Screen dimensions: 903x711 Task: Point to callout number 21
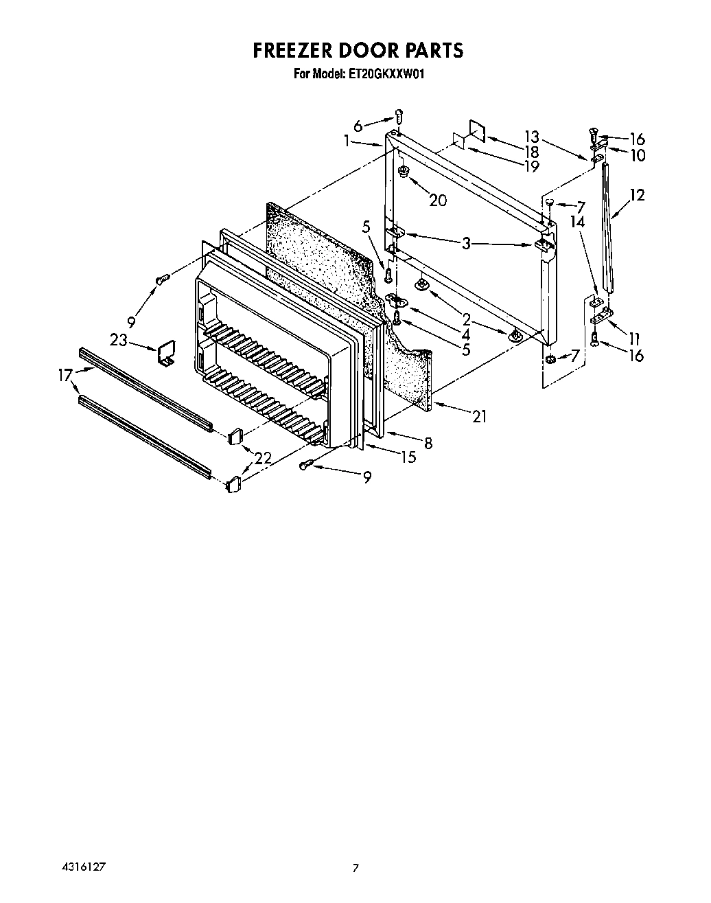point(479,416)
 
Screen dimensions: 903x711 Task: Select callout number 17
point(65,375)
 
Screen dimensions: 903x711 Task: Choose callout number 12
point(637,195)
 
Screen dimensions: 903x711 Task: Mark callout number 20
point(437,200)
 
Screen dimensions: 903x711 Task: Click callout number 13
point(532,136)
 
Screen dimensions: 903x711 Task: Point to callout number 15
point(408,457)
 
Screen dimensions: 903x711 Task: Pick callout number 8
point(428,444)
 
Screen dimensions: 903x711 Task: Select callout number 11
point(633,338)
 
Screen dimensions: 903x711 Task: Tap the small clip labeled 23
point(165,352)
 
